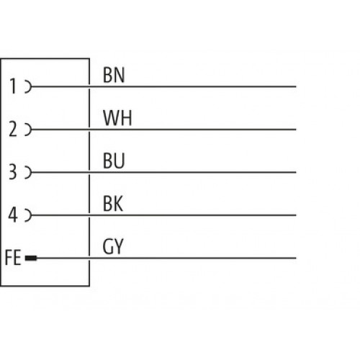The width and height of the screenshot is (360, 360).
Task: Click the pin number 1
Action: click(x=13, y=86)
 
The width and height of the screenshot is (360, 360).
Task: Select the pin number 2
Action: click(x=13, y=129)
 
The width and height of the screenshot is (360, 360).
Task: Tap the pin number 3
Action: click(x=13, y=172)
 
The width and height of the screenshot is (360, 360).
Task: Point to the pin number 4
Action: click(x=13, y=215)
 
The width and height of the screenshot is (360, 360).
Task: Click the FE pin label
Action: click(x=13, y=258)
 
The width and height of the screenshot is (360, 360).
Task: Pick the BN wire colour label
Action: click(x=114, y=75)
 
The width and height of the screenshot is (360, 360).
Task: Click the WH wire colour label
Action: click(x=117, y=118)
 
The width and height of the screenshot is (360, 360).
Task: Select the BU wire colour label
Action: click(x=114, y=161)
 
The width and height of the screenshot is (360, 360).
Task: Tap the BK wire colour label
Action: click(x=113, y=204)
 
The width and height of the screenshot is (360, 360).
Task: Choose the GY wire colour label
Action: click(x=113, y=246)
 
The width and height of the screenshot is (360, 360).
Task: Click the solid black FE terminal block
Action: click(x=31, y=258)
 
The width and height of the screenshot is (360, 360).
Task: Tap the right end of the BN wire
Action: click(x=296, y=86)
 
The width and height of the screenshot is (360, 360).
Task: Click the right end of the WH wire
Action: click(x=296, y=130)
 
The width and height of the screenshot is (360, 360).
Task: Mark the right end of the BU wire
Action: click(x=296, y=172)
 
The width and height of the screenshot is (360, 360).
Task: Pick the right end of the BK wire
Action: click(x=296, y=215)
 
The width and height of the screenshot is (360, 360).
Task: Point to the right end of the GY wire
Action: click(x=296, y=258)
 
